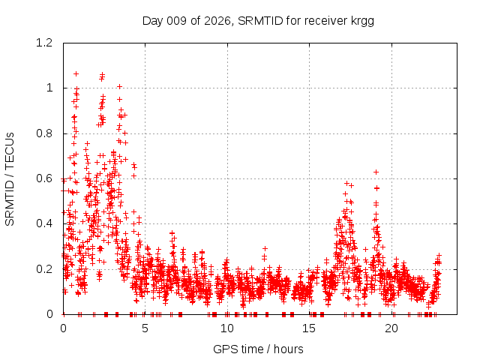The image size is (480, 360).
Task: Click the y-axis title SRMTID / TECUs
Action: (x=10, y=178)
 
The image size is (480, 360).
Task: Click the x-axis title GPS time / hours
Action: (x=258, y=349)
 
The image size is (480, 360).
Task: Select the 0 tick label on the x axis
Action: (x=63, y=328)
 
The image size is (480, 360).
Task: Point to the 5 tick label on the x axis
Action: (x=145, y=328)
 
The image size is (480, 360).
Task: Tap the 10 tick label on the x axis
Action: (x=227, y=328)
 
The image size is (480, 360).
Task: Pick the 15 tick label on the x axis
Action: (x=310, y=328)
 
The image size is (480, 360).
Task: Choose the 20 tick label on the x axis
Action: (x=391, y=328)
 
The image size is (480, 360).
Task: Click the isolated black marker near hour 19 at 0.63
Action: (x=376, y=172)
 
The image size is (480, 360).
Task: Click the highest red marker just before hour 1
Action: (x=76, y=73)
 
